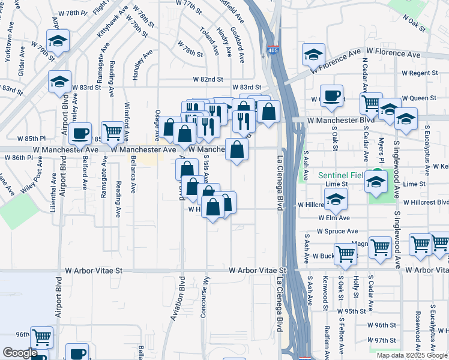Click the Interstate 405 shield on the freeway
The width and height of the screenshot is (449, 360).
pos(273,51)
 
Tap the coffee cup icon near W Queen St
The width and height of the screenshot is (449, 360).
pos(331,96)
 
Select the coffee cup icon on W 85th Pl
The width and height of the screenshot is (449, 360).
pos(79,133)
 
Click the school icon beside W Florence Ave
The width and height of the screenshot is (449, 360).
pos(313,55)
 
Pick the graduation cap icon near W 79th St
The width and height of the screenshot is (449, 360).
pos(58,41)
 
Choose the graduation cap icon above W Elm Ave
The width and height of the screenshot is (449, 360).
pos(335,199)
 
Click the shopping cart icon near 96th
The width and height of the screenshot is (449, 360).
pos(41,338)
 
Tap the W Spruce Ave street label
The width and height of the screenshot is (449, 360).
pos(337,231)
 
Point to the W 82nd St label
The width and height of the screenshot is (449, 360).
pos(208,79)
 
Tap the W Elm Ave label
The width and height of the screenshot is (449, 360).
pos(334,218)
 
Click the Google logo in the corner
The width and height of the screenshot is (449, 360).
pos(20,353)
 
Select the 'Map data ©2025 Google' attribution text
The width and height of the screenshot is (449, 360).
pos(411,355)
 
